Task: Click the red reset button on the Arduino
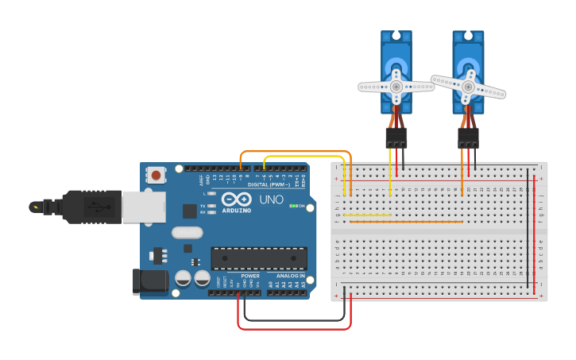pyautogui.click(x=157, y=175)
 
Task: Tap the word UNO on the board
pyautogui.click(x=271, y=199)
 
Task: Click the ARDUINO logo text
pyautogui.click(x=237, y=211)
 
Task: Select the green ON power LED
pyautogui.click(x=294, y=206)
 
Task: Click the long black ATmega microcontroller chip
pyautogui.click(x=258, y=258)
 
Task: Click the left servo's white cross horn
pyautogui.click(x=396, y=86)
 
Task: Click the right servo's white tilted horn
pyautogui.click(x=468, y=86)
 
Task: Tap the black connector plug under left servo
pyautogui.click(x=396, y=137)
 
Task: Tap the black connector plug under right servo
pyautogui.click(x=468, y=137)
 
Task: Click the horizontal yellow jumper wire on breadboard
pyautogui.click(x=367, y=215)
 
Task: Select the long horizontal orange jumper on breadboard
pyautogui.click(x=405, y=222)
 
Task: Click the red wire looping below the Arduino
pyautogui.click(x=294, y=328)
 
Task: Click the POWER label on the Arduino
pyautogui.click(x=250, y=276)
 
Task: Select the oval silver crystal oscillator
pyautogui.click(x=187, y=233)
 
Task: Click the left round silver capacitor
pyautogui.click(x=184, y=278)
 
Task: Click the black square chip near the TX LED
pyautogui.click(x=190, y=211)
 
